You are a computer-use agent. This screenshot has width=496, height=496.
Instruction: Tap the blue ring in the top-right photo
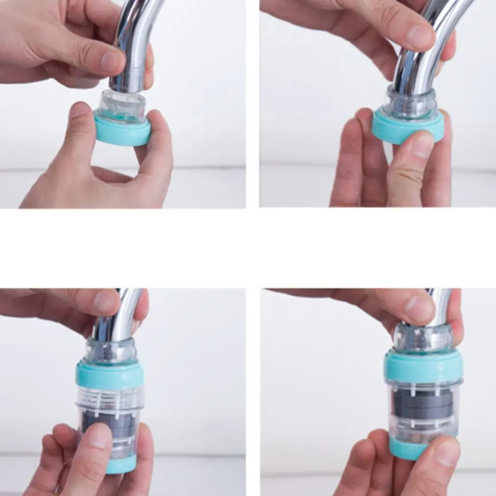tap(393, 130)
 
